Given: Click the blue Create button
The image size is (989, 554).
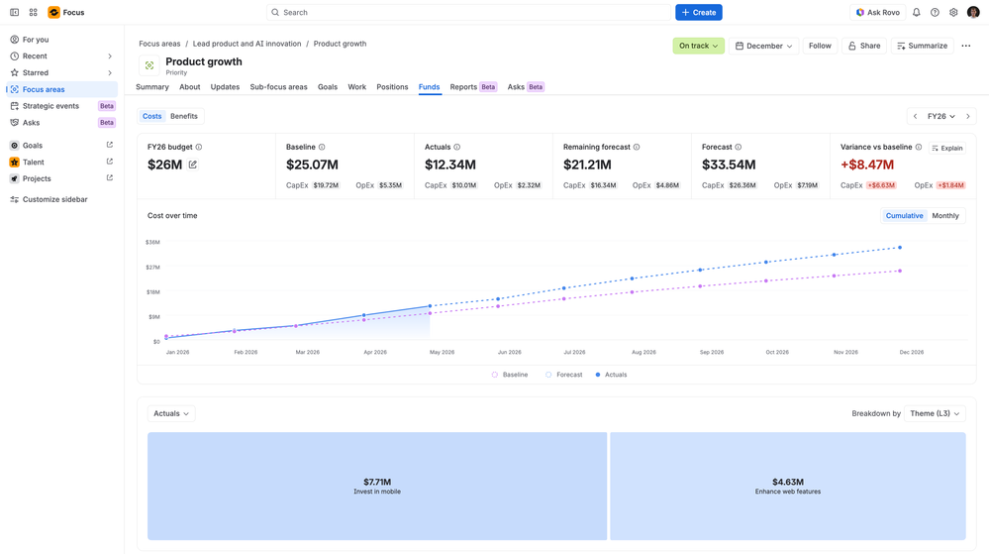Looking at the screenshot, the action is [x=698, y=13].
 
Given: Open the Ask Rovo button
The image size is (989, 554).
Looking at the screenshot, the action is [x=877, y=13].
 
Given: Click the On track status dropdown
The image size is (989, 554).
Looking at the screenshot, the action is [x=698, y=47].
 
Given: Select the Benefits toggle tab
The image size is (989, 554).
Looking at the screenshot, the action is [x=183, y=116].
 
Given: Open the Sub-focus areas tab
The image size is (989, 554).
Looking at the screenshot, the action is [x=278, y=87].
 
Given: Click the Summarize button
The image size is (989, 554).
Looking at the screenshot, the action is [x=922, y=47].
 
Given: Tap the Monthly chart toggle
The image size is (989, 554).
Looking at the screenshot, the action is [x=944, y=216].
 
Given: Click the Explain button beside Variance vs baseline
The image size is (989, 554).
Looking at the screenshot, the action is [x=946, y=149].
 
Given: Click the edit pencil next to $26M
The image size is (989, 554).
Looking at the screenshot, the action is [x=192, y=165].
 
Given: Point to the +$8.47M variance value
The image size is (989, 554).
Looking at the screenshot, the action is [x=866, y=165].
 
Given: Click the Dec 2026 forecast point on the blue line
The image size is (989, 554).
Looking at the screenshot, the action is [x=900, y=248].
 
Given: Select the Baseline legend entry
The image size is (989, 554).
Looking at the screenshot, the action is [x=510, y=375].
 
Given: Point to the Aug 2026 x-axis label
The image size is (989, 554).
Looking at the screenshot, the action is [x=643, y=353].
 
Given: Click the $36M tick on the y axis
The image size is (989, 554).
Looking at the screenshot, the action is [x=152, y=243].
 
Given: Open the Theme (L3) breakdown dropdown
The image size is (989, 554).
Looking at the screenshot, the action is [x=935, y=413].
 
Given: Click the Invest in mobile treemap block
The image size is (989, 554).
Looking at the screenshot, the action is [x=377, y=487].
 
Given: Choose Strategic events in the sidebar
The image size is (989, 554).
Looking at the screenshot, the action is [x=50, y=106].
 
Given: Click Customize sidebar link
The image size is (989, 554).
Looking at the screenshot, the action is [x=54, y=199].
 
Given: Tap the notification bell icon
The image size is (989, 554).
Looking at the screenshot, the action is [x=917, y=13].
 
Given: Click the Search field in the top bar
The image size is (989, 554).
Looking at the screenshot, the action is [x=468, y=13].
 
